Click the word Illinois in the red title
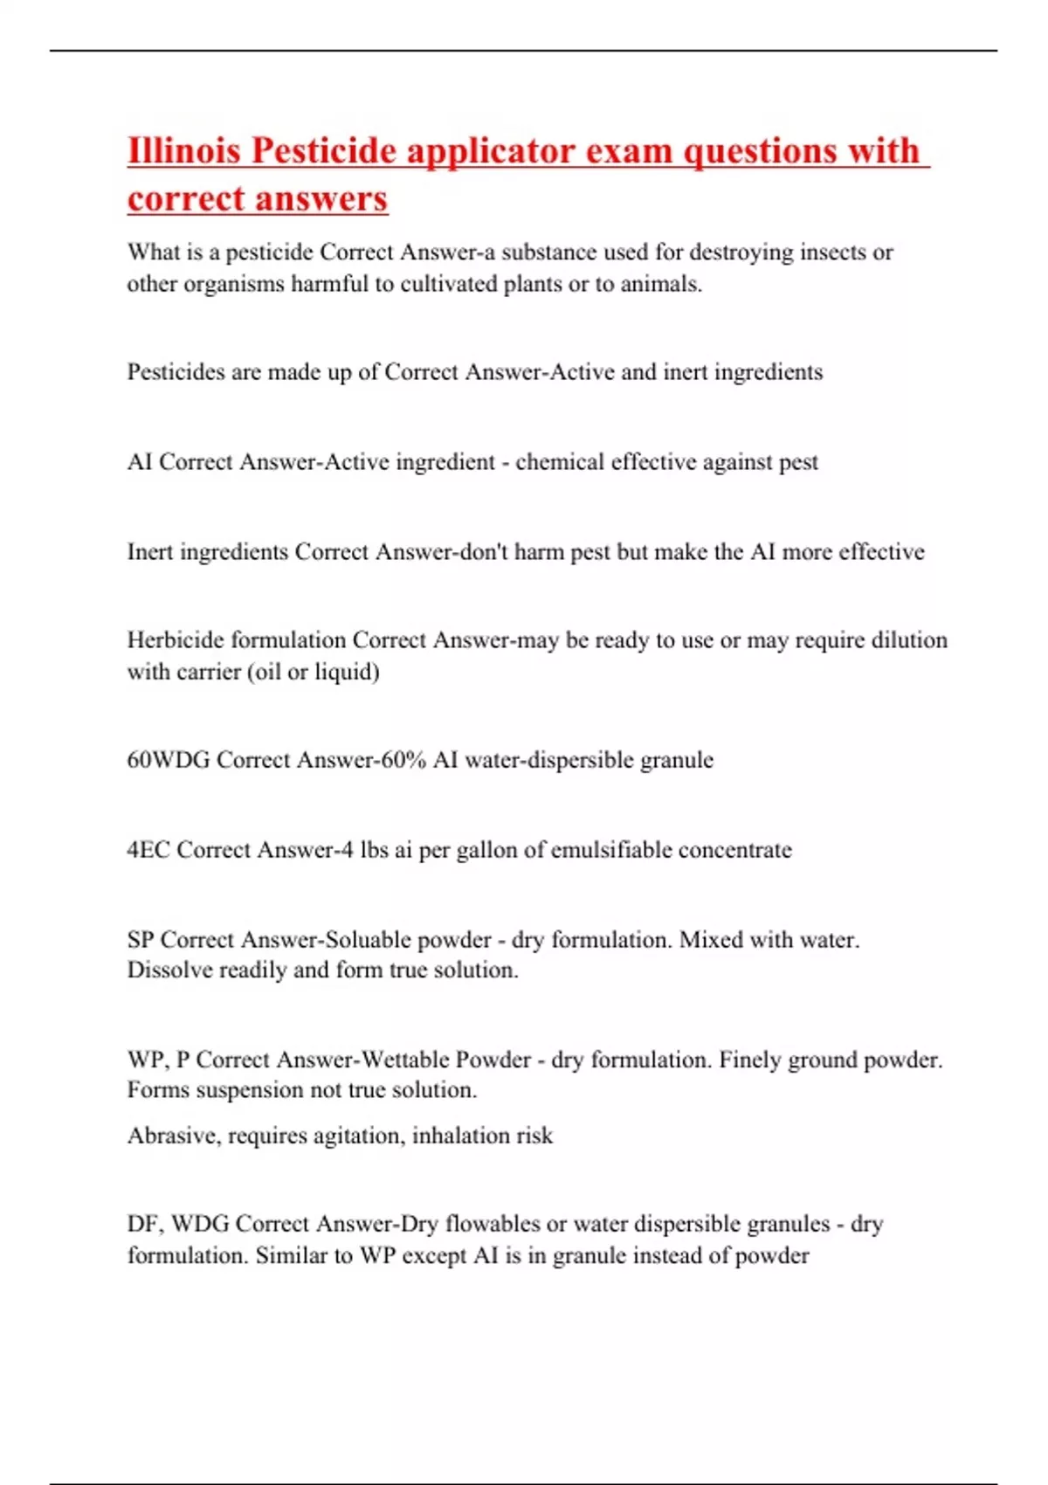(183, 150)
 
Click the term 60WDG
(169, 759)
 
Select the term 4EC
(148, 849)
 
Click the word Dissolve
(169, 970)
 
